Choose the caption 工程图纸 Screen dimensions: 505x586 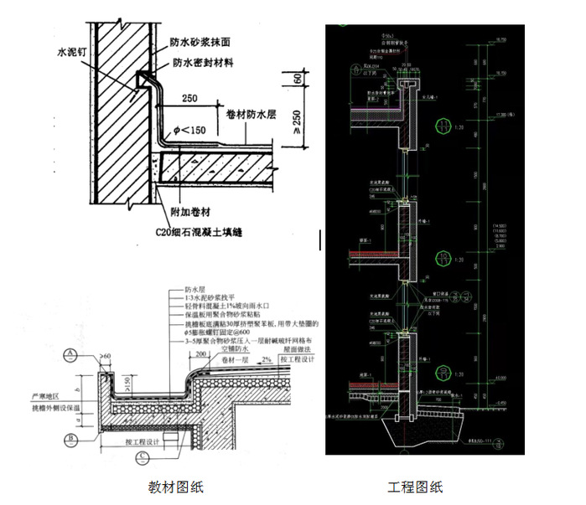[415, 487]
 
